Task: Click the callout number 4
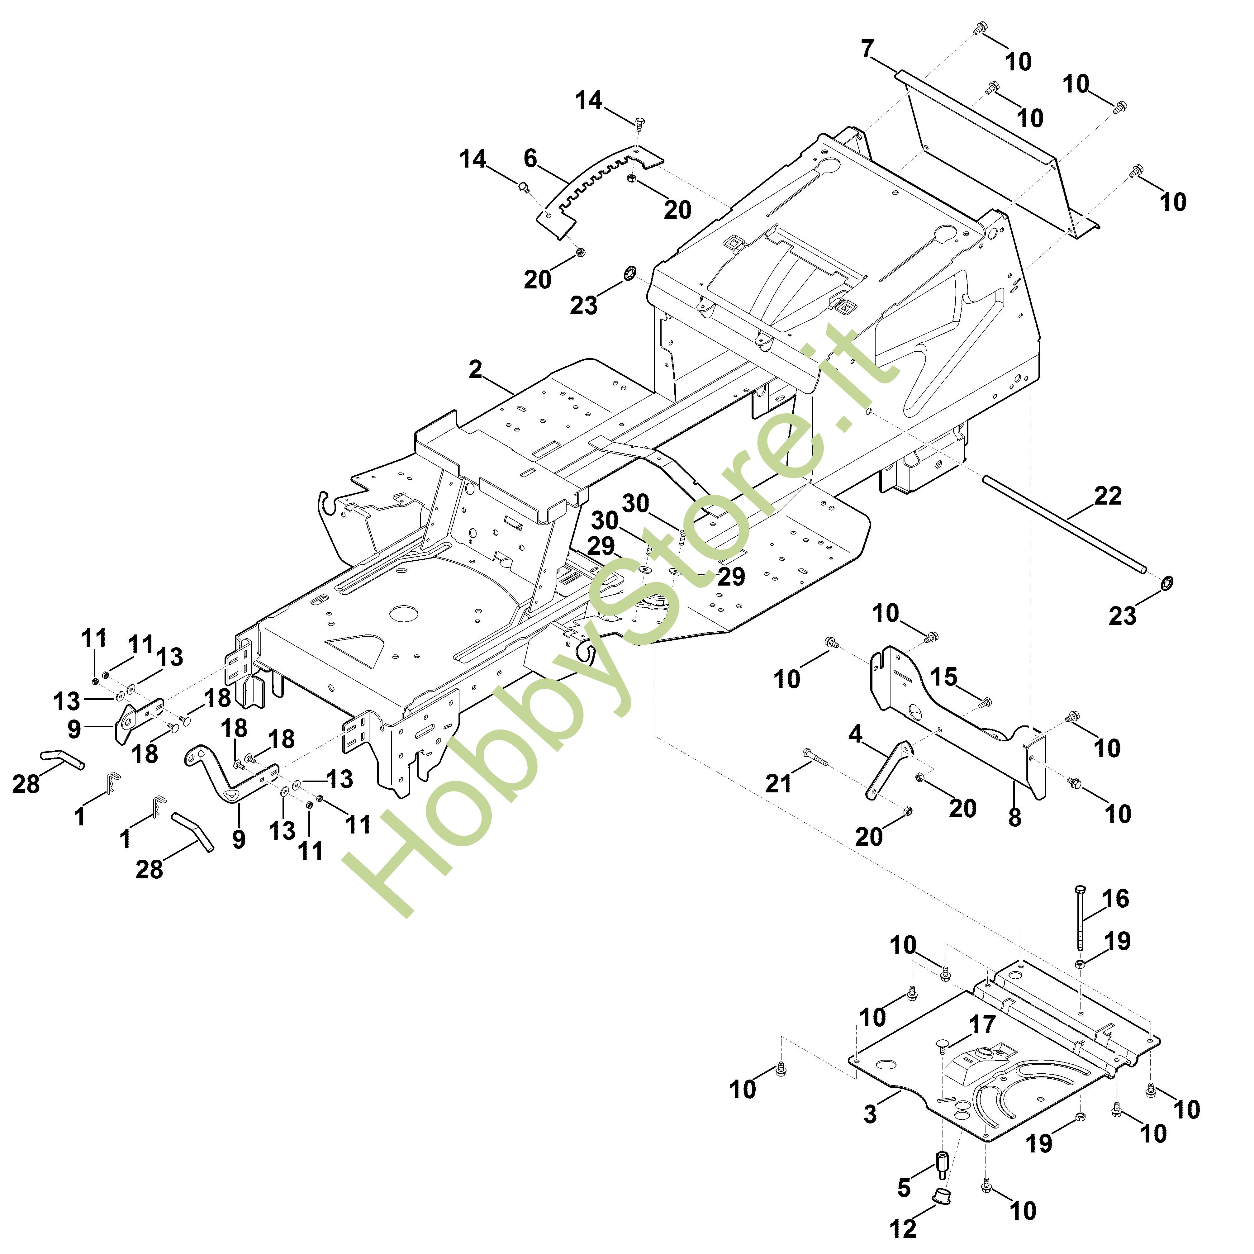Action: pos(856,734)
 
